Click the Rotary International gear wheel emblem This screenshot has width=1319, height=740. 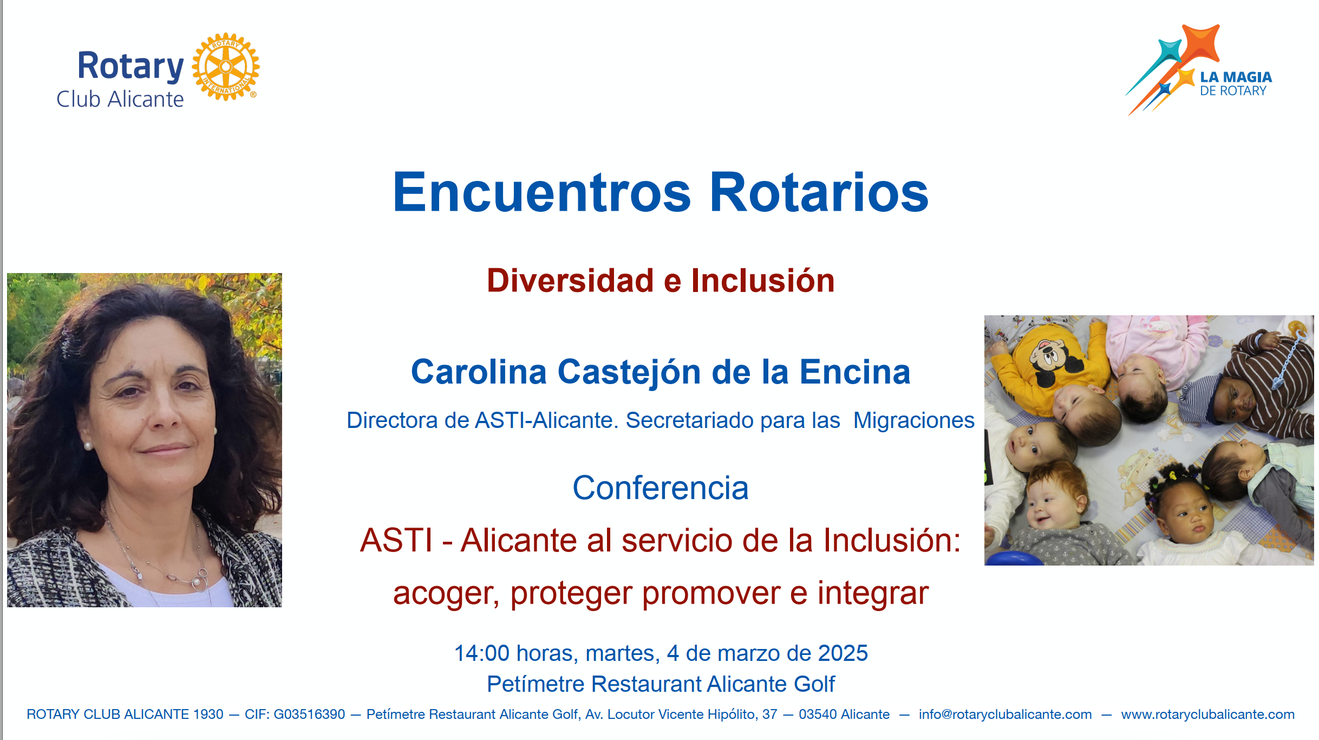pyautogui.click(x=226, y=67)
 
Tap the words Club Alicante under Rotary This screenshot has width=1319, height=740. pyautogui.click(x=120, y=99)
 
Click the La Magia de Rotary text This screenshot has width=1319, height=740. pyautogui.click(x=1236, y=84)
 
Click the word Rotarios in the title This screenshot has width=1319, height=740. pyautogui.click(x=819, y=192)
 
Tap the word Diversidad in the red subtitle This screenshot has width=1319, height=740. pyautogui.click(x=570, y=281)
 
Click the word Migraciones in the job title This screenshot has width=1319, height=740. pyautogui.click(x=914, y=420)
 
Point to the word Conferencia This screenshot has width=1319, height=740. pyautogui.click(x=661, y=488)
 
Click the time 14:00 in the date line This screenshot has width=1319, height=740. pyautogui.click(x=482, y=653)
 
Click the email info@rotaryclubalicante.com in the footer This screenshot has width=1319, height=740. pyautogui.click(x=1005, y=715)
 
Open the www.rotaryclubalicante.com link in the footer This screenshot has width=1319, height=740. pyautogui.click(x=1208, y=715)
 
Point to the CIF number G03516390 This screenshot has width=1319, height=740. pyautogui.click(x=309, y=715)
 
